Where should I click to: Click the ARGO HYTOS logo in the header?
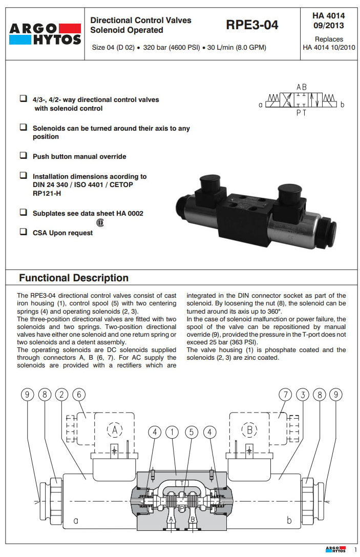pos(45,34)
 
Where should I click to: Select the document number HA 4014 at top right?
pos(328,16)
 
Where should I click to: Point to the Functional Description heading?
pos(74,278)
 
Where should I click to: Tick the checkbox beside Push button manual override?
pos(23,155)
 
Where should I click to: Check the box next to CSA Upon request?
pos(23,232)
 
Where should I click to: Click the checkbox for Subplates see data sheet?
pos(23,212)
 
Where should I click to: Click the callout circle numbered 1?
pos(173,432)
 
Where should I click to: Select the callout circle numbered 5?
pos(191,432)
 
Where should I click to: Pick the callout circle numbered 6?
pos(79,395)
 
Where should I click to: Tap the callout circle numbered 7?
pos(285,395)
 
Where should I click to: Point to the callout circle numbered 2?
pos(62,395)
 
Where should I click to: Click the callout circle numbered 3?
pos(303,395)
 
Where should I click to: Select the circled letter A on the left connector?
pos(115,429)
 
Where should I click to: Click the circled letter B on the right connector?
pos(250,429)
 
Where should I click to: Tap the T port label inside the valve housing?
pos(182,483)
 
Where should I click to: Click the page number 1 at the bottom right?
pos(355,549)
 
